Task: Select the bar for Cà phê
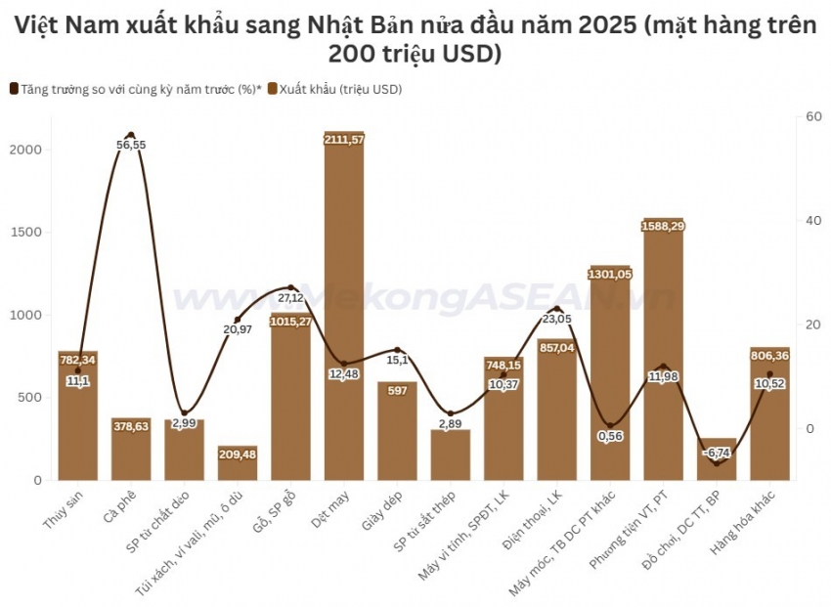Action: (131, 449)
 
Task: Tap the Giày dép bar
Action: (397, 430)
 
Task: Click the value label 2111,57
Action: (344, 140)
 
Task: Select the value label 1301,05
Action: (610, 274)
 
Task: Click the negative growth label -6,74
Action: (717, 454)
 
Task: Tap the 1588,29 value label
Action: (663, 227)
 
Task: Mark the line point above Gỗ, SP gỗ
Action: (290, 287)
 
